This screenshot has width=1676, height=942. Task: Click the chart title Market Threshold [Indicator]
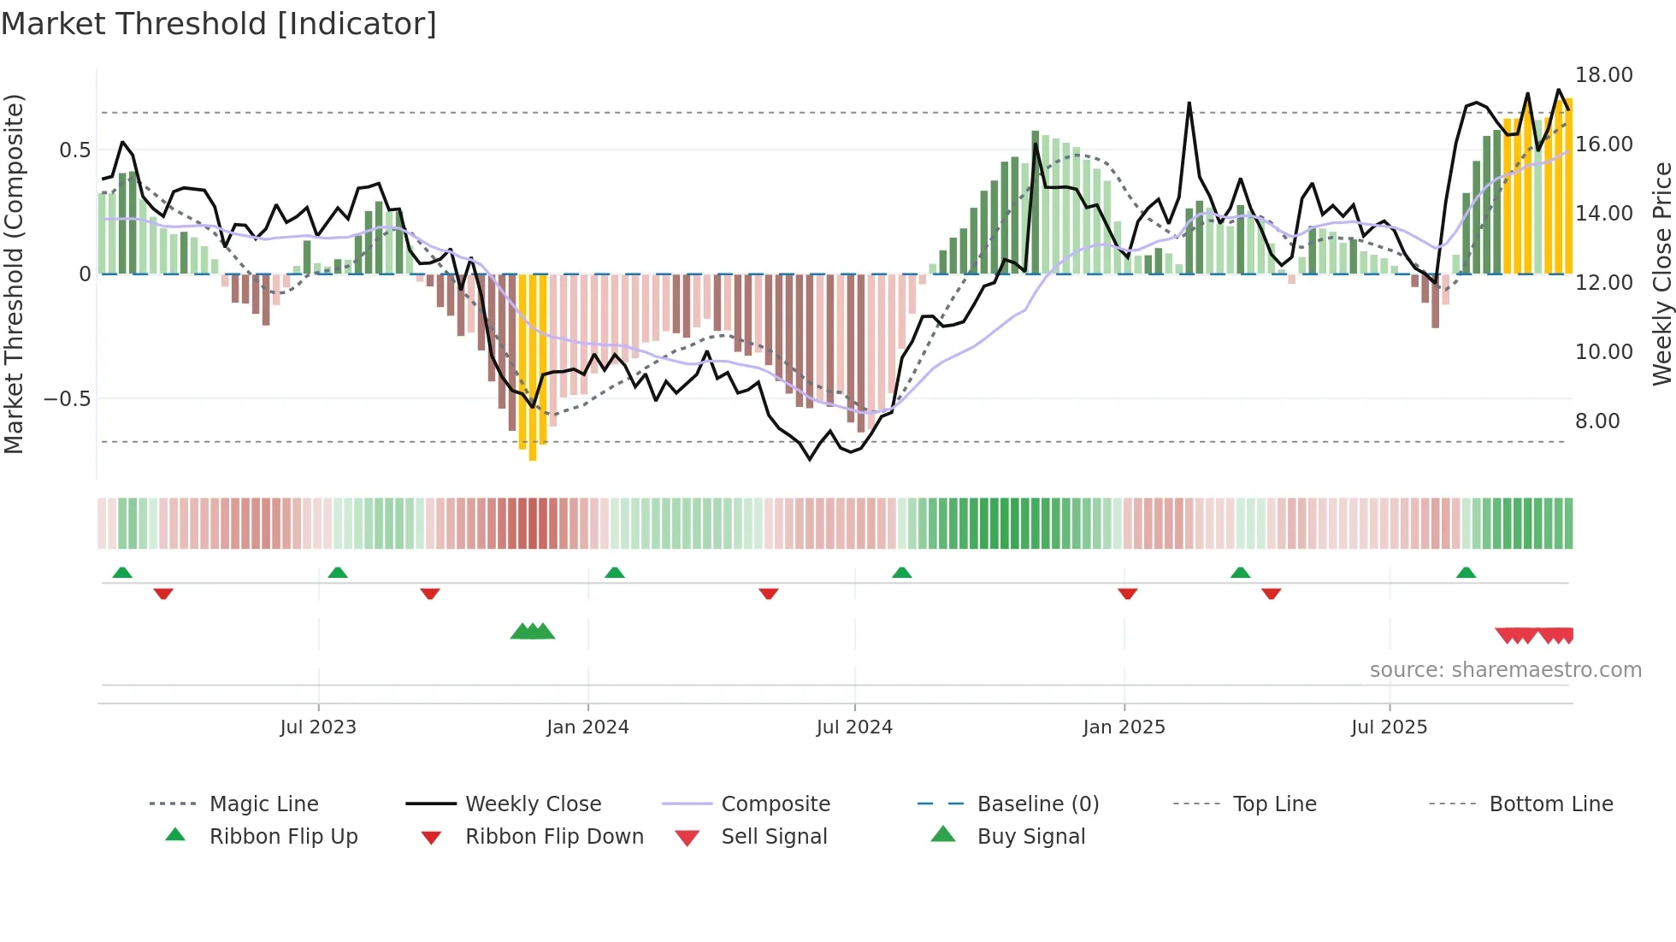click(219, 24)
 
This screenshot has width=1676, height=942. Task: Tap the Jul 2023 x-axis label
click(318, 727)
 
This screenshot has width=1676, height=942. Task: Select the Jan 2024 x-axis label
click(587, 727)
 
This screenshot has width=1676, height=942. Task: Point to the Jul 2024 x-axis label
click(854, 727)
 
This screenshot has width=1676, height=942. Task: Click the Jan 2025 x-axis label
click(1124, 727)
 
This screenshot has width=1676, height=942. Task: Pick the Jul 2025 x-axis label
click(1390, 727)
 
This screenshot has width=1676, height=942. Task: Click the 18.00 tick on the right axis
click(1604, 75)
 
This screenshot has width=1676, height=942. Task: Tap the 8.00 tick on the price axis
click(1597, 421)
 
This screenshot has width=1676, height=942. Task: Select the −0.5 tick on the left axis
click(68, 399)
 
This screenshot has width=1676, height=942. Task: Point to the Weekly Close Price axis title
click(1661, 274)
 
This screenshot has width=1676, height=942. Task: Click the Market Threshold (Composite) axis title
click(14, 274)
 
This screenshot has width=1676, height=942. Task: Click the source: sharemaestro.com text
click(1505, 670)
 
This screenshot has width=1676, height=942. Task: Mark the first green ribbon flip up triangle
click(122, 573)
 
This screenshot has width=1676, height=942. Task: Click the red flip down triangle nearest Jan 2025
click(1128, 593)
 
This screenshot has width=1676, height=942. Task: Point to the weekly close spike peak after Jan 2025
click(1189, 103)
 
